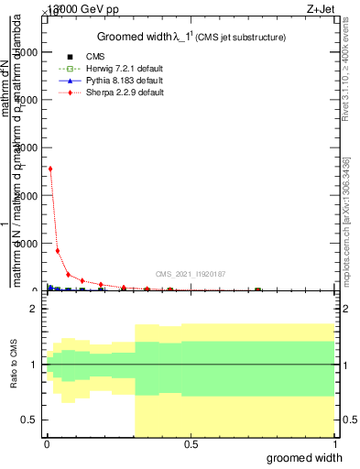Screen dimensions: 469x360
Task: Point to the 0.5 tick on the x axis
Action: (191, 444)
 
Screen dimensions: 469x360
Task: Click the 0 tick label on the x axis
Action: (47, 444)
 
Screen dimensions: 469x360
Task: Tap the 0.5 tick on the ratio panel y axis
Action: (29, 420)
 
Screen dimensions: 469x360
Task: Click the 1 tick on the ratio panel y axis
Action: (33, 365)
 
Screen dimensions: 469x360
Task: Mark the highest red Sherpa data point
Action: (49, 169)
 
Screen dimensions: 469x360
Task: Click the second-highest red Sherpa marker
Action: (58, 250)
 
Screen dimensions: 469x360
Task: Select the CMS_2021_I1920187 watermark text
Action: (190, 273)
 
